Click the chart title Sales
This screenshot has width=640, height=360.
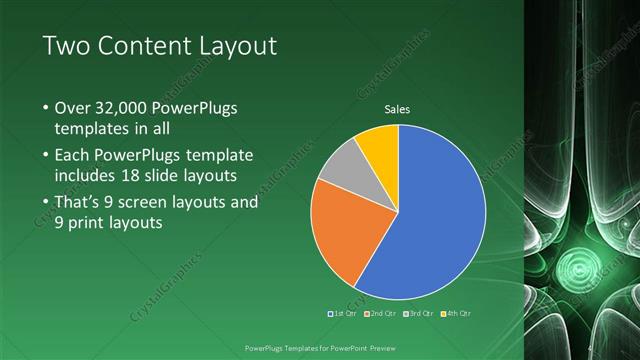[x=398, y=109]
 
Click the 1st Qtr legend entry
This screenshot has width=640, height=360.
[x=345, y=313]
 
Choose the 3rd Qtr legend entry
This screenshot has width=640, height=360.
[x=418, y=313]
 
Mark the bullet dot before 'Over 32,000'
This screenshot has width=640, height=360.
[x=44, y=108]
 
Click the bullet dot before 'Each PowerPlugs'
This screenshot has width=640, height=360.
[x=44, y=156]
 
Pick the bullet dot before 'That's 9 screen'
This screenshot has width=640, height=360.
[x=44, y=202]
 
